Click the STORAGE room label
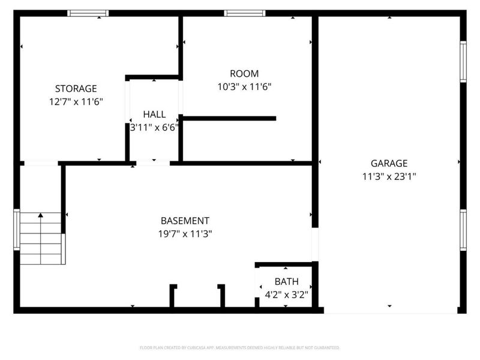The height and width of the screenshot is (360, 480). click(76, 89)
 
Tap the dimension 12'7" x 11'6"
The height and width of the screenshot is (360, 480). click(76, 102)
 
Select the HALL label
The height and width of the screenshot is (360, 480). click(154, 115)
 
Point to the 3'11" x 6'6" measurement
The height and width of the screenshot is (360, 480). click(154, 127)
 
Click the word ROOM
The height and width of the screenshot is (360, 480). click(246, 74)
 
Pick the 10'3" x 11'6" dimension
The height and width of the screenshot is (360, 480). click(245, 87)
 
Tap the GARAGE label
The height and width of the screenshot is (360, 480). click(389, 163)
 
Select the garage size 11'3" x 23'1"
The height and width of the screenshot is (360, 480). click(389, 176)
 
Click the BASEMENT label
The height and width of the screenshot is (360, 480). click(185, 221)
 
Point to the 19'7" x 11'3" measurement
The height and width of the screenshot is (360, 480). click(185, 234)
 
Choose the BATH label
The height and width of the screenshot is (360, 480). click(286, 281)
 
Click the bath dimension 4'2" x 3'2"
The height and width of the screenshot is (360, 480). click(286, 295)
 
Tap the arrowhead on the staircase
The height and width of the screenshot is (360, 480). click(41, 215)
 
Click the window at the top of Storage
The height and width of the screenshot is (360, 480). click(88, 13)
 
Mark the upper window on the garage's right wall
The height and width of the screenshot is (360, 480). click(463, 61)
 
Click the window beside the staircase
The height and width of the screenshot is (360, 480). click(17, 230)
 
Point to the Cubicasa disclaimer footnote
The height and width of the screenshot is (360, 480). click(240, 347)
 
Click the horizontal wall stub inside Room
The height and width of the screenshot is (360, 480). click(229, 118)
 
